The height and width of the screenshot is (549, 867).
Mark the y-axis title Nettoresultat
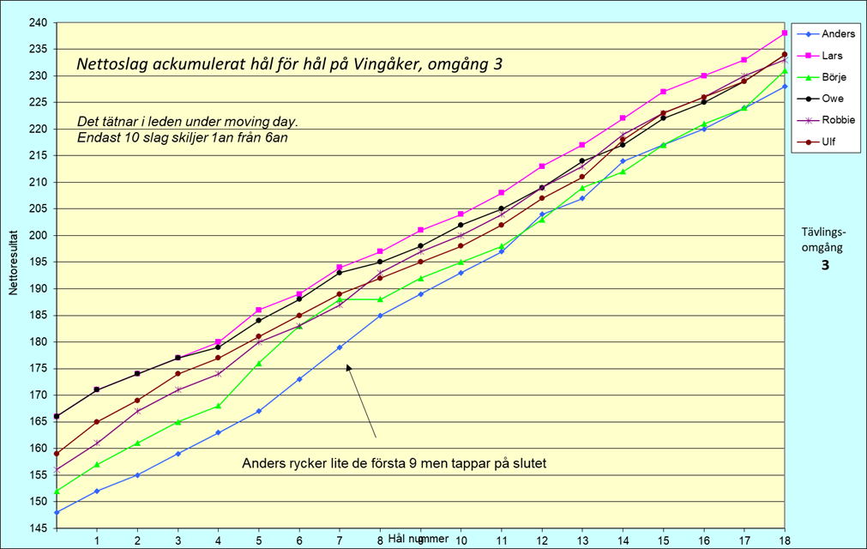click(x=14, y=262)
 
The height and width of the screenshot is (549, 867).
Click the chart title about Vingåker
click(x=288, y=64)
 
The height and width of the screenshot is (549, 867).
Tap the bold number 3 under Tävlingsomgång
click(x=825, y=265)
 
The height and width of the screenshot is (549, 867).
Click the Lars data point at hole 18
click(x=785, y=33)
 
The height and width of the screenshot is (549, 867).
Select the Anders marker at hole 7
click(x=340, y=347)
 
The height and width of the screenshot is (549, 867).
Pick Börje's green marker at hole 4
click(x=218, y=406)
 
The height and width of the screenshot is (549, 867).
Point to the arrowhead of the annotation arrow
click(x=348, y=366)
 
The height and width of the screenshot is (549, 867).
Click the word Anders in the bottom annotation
click(x=263, y=464)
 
